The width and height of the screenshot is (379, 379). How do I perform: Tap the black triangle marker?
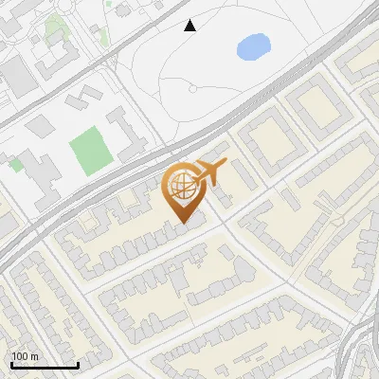[190, 26]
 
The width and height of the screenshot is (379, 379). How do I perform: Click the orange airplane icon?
[209, 172]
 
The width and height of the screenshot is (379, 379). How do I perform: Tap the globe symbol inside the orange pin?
[181, 188]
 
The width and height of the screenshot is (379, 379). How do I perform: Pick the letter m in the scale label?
[34, 356]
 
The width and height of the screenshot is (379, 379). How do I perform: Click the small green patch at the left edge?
[15, 164]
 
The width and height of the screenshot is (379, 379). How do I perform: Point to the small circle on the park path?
[192, 89]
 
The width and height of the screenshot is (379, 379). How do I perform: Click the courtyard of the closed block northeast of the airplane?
[270, 141]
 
